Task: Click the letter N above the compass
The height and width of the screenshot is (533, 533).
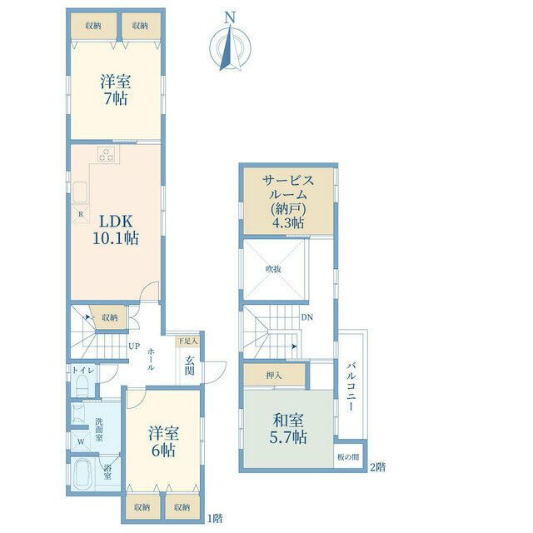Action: click(231, 17)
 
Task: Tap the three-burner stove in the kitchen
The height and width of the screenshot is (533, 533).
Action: click(108, 154)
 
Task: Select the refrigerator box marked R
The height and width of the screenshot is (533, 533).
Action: click(81, 214)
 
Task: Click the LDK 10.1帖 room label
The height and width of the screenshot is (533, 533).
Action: click(116, 230)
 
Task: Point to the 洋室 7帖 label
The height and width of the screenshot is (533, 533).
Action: click(116, 90)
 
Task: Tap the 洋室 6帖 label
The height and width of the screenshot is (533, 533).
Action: click(163, 442)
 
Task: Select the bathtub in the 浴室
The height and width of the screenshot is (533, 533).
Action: click(83, 474)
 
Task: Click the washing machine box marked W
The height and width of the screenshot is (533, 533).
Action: click(81, 442)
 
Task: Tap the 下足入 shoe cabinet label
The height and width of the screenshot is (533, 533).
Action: click(187, 341)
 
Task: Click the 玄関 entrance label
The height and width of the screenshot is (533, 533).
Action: click(189, 366)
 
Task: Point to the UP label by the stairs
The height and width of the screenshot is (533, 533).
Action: click(134, 346)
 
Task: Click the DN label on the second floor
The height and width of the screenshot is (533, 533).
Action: click(306, 317)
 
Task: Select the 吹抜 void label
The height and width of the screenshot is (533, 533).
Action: click(273, 269)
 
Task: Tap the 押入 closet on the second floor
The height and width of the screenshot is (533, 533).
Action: click(274, 376)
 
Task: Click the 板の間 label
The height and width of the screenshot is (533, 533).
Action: click(348, 457)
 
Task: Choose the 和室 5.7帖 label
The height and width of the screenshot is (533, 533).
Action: click(288, 429)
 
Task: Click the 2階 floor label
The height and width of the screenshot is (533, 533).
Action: click(377, 467)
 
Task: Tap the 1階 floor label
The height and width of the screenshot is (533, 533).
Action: click(215, 518)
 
